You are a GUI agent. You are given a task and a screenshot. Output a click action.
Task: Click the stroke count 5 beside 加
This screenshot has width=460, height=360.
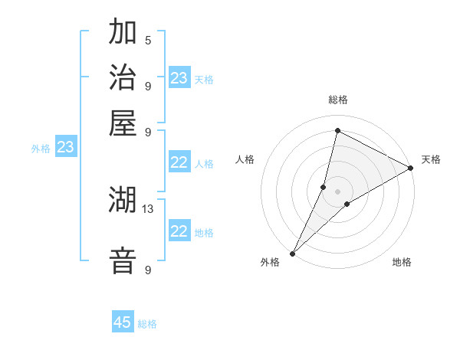point(148,41)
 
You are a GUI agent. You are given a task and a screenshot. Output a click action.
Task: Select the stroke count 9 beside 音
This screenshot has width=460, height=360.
point(148,270)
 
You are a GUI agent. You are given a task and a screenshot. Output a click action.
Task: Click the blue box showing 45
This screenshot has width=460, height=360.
point(123,322)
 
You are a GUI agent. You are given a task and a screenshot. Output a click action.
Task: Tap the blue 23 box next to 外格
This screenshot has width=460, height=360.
point(65,148)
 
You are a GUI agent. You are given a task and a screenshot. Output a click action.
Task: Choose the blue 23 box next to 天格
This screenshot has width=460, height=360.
point(179,78)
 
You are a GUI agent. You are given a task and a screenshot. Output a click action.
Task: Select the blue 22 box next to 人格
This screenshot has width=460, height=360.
point(179,162)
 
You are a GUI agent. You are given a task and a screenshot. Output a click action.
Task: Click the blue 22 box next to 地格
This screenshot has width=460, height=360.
point(179,231)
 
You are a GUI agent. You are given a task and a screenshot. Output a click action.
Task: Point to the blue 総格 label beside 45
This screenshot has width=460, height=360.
point(147,324)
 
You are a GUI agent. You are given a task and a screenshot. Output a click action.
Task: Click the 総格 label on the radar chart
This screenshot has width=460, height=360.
point(337,100)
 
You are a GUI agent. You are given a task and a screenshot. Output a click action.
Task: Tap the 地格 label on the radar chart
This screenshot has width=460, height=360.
point(402,263)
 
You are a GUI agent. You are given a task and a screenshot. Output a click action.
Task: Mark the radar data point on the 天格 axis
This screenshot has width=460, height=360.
point(411,168)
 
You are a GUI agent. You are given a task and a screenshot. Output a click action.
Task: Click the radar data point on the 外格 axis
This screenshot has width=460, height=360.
point(292,254)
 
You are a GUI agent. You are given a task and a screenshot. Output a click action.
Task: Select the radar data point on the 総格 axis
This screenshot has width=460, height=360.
point(337,130)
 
